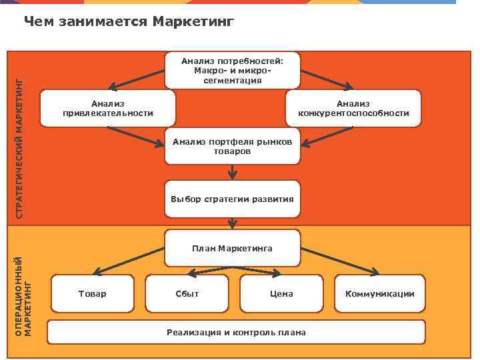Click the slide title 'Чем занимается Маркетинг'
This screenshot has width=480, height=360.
click(129, 23)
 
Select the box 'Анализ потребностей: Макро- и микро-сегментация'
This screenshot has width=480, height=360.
click(233, 70)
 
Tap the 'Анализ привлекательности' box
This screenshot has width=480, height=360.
click(108, 108)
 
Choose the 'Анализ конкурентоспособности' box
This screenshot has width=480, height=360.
click(353, 108)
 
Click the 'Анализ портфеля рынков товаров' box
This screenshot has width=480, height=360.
click(233, 146)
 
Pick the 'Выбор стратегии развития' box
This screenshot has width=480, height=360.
click(233, 199)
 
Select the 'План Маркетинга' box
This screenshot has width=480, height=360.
click(233, 248)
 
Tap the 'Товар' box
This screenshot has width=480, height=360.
click(92, 294)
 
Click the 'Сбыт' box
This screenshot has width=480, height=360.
click(187, 294)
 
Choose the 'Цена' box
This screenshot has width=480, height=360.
click(281, 294)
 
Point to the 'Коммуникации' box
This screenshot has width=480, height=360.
click(379, 294)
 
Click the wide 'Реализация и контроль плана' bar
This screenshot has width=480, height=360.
click(236, 332)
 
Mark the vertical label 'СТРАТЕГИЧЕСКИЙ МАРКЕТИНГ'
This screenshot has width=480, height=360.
click(19, 148)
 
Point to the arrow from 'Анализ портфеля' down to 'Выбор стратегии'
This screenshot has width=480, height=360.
click(232, 173)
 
